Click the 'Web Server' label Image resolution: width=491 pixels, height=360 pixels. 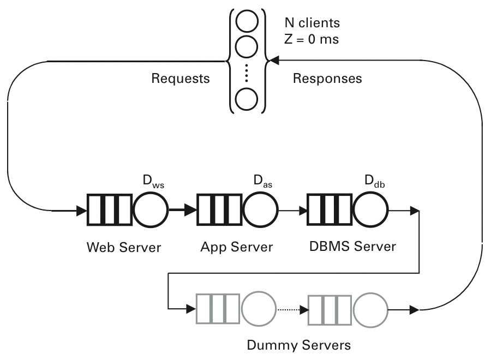124,247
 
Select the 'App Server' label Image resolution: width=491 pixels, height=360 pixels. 236,247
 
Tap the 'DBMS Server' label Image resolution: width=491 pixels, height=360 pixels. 352,245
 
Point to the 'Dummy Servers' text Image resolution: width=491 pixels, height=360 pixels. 298,345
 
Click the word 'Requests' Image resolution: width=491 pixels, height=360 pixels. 181,79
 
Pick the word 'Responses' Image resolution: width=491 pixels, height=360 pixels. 327,79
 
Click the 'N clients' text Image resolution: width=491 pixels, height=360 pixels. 312,23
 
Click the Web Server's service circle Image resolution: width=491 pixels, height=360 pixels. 149,209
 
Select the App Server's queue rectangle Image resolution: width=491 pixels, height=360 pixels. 219,209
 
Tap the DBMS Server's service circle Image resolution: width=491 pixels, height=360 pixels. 370,209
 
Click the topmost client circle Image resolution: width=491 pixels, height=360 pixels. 247,21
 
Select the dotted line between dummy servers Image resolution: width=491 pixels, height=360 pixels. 289,310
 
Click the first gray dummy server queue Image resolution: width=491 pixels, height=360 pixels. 218,310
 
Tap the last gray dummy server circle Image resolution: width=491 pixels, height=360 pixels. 370,310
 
